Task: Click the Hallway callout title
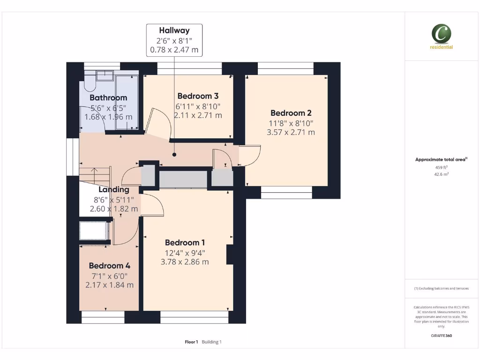174,31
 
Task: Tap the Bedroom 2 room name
291,113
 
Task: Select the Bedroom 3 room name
198,97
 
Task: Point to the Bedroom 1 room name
185,242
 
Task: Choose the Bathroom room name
108,97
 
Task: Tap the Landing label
114,190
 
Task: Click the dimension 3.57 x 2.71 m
291,132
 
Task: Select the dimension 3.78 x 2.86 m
185,262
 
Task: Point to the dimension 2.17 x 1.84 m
109,285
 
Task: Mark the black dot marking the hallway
174,154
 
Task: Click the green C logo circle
441,34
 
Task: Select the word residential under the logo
441,47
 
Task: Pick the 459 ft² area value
441,167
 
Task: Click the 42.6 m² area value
441,174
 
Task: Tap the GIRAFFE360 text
441,336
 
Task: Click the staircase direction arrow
95,172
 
